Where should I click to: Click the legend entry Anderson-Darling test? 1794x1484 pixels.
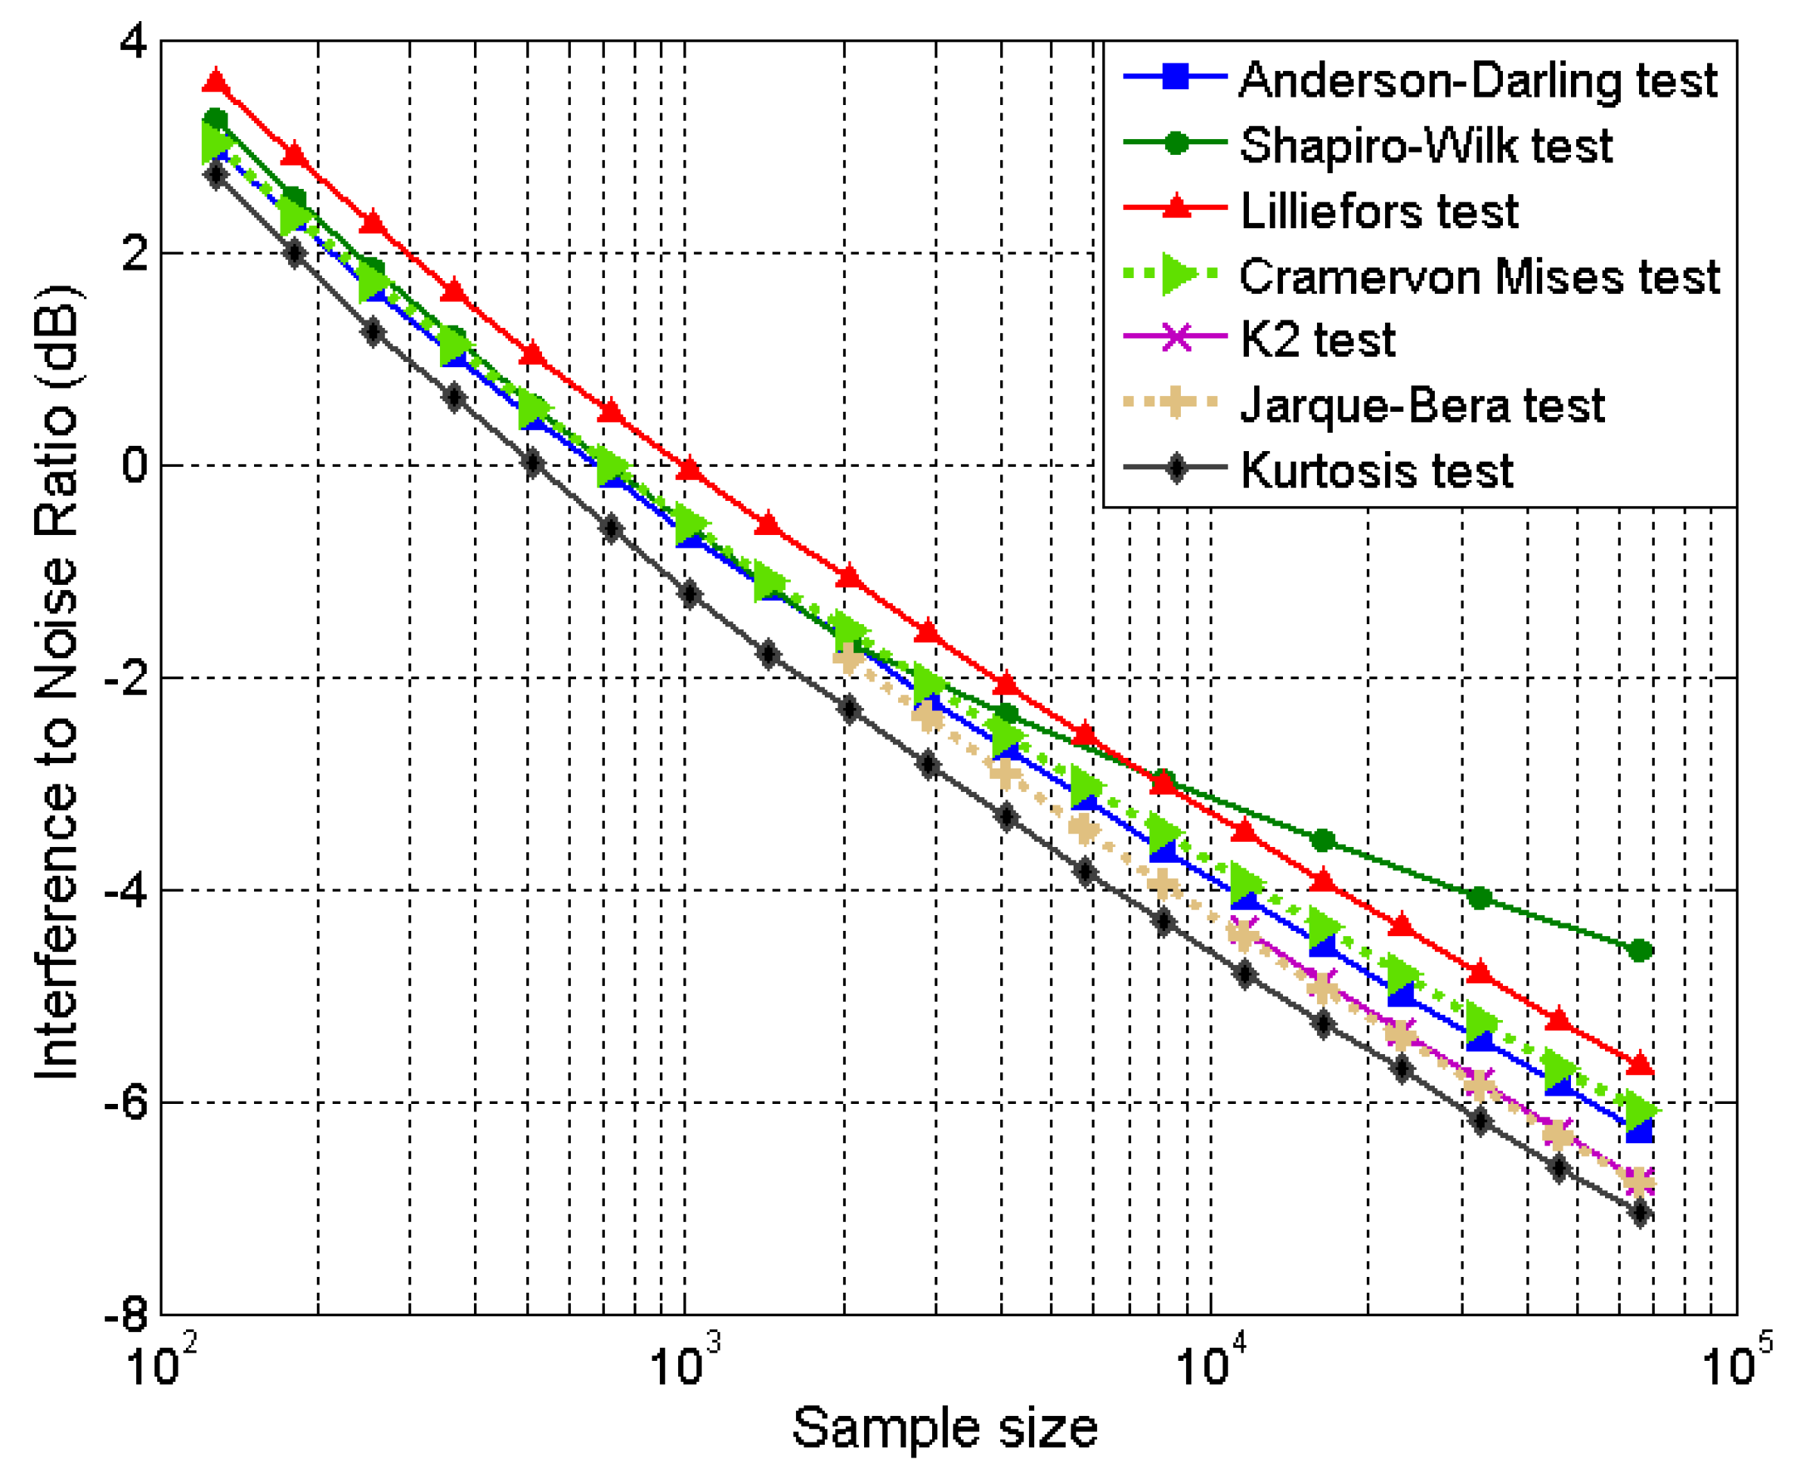(1477, 80)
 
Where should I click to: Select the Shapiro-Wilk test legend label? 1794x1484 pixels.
(1426, 145)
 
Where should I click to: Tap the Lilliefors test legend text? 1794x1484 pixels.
(1379, 211)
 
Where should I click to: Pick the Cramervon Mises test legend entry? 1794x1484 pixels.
(1479, 277)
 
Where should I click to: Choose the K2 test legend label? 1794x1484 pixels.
(1316, 340)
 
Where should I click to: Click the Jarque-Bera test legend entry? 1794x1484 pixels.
(1421, 405)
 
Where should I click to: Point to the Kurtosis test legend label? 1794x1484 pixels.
(1376, 471)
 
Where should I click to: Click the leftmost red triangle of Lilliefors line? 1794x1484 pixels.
(216, 82)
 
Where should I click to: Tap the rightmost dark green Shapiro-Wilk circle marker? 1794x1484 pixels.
(1639, 951)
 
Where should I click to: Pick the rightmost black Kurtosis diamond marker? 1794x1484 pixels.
(1639, 1213)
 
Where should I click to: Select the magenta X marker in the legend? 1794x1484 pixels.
(1176, 337)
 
